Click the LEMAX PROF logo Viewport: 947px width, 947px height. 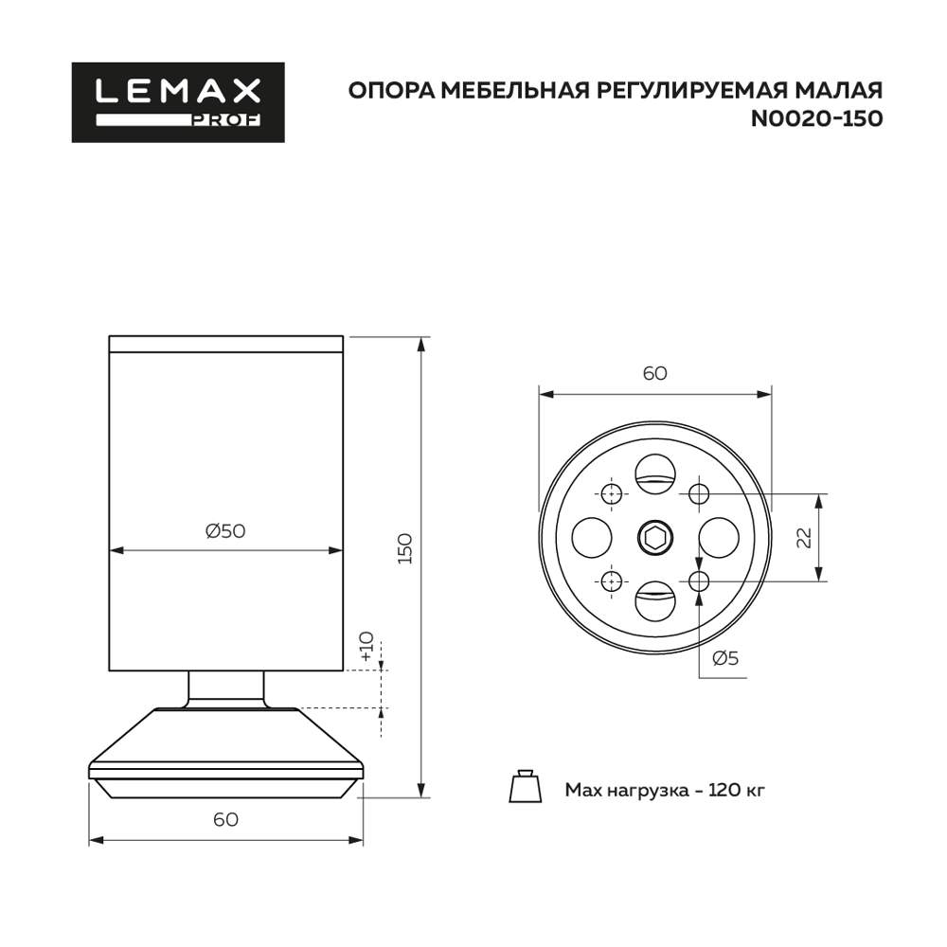coord(178,101)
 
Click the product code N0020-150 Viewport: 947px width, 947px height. coord(816,119)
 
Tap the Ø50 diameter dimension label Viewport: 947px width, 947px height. coord(225,531)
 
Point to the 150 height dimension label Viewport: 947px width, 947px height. coord(405,550)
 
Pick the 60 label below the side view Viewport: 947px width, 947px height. coord(225,820)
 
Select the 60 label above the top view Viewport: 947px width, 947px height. coord(655,373)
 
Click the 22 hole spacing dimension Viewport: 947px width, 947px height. coord(804,537)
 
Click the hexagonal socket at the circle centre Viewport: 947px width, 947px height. coord(654,538)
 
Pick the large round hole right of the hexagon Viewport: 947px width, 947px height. coord(718,538)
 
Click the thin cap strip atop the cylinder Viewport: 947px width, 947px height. coord(225,344)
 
